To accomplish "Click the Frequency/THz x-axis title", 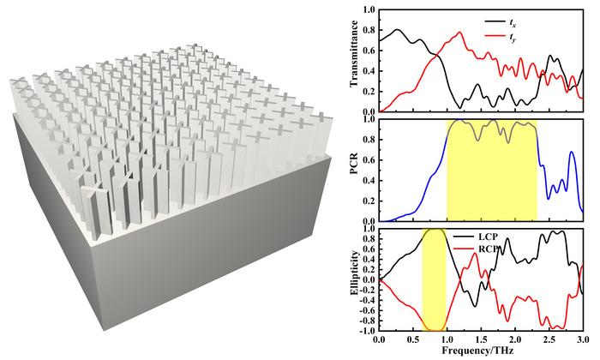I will pyautogui.click(x=481, y=351).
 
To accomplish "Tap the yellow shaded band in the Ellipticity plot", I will pyautogui.click(x=434, y=279).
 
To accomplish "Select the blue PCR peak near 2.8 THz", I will pyautogui.click(x=572, y=153).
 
